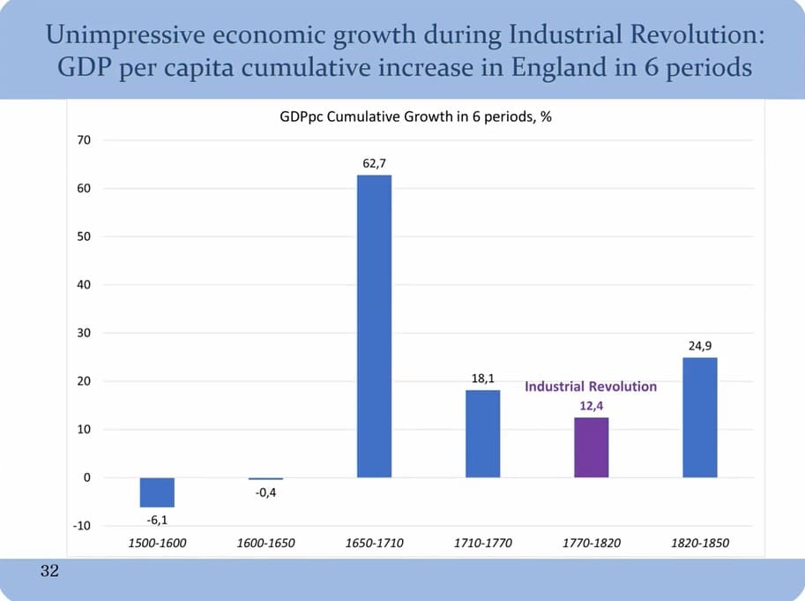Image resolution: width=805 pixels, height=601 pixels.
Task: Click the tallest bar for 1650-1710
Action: pyautogui.click(x=374, y=326)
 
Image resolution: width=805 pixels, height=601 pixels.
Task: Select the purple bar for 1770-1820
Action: pyautogui.click(x=591, y=447)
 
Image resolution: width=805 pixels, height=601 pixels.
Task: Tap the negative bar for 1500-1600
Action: pyautogui.click(x=157, y=492)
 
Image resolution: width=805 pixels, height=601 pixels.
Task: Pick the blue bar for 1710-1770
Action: pyautogui.click(x=482, y=433)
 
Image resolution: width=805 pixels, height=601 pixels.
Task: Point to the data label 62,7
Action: pyautogui.click(x=374, y=163)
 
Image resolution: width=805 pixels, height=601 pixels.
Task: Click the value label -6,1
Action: pyautogui.click(x=157, y=520)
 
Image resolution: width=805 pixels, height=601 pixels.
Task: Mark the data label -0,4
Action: pyautogui.click(x=265, y=492)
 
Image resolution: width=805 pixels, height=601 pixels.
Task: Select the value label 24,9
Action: pyautogui.click(x=700, y=346)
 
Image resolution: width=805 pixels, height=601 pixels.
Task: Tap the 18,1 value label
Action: pyautogui.click(x=482, y=379)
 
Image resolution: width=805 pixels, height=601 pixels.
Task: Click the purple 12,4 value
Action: pyautogui.click(x=591, y=405)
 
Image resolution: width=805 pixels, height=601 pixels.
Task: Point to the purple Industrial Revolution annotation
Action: pyautogui.click(x=591, y=387)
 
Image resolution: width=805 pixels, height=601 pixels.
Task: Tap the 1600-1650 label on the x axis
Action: pyautogui.click(x=265, y=544)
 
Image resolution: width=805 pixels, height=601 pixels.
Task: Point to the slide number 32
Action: pyautogui.click(x=49, y=573)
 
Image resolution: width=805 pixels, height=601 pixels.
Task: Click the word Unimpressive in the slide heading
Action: pyautogui.click(x=106, y=36)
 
